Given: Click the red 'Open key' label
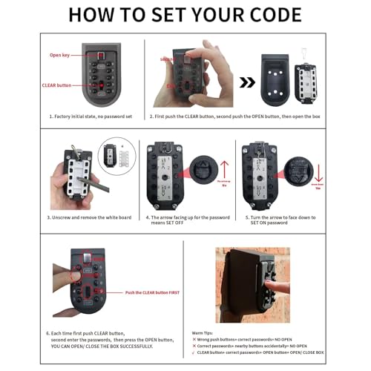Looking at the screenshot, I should coord(59,56).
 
